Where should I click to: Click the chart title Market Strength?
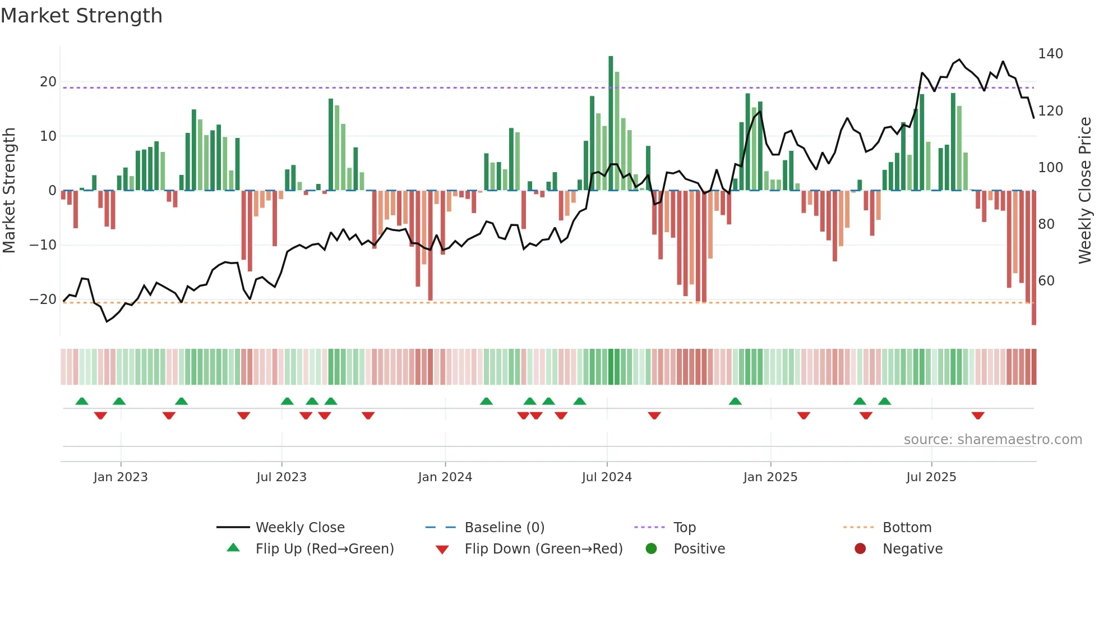click(82, 16)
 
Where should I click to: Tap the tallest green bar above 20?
click(611, 123)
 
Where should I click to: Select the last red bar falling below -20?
click(1034, 258)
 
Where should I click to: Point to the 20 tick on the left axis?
click(48, 82)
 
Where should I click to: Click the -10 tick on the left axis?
click(43, 245)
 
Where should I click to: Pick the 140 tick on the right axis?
click(1050, 54)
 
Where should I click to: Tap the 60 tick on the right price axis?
click(1046, 281)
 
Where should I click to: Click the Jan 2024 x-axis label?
click(445, 477)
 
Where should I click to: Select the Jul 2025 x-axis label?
click(931, 477)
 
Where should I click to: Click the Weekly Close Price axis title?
click(1085, 191)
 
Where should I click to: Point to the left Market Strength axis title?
click(9, 191)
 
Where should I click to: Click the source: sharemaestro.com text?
click(992, 440)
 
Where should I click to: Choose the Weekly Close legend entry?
click(300, 528)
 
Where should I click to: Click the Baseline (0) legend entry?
click(504, 528)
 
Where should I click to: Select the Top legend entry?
click(684, 528)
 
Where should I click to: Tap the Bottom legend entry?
click(907, 528)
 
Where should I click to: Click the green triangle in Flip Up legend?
click(233, 548)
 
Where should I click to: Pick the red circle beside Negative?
click(860, 548)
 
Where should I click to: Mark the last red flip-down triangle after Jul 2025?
click(978, 416)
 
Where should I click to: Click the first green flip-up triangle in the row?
click(82, 401)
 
